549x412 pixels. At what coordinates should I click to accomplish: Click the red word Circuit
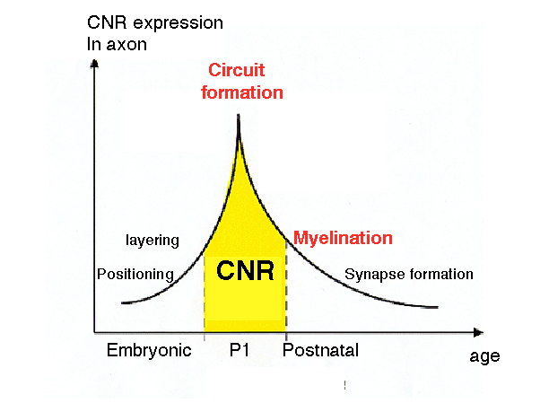coord(238,70)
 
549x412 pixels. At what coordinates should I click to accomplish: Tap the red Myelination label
coord(344,238)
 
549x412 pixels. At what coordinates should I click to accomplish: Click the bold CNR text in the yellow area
coord(245,271)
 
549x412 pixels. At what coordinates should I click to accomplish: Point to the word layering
coord(152,241)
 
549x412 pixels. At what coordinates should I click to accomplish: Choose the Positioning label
coord(135,274)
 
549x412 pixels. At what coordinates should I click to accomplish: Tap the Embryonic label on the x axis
coord(149,350)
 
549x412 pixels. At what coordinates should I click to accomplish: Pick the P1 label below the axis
coord(240,350)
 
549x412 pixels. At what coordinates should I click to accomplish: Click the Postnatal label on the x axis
coord(320,350)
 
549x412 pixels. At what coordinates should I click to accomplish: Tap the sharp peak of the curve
coord(238,115)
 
